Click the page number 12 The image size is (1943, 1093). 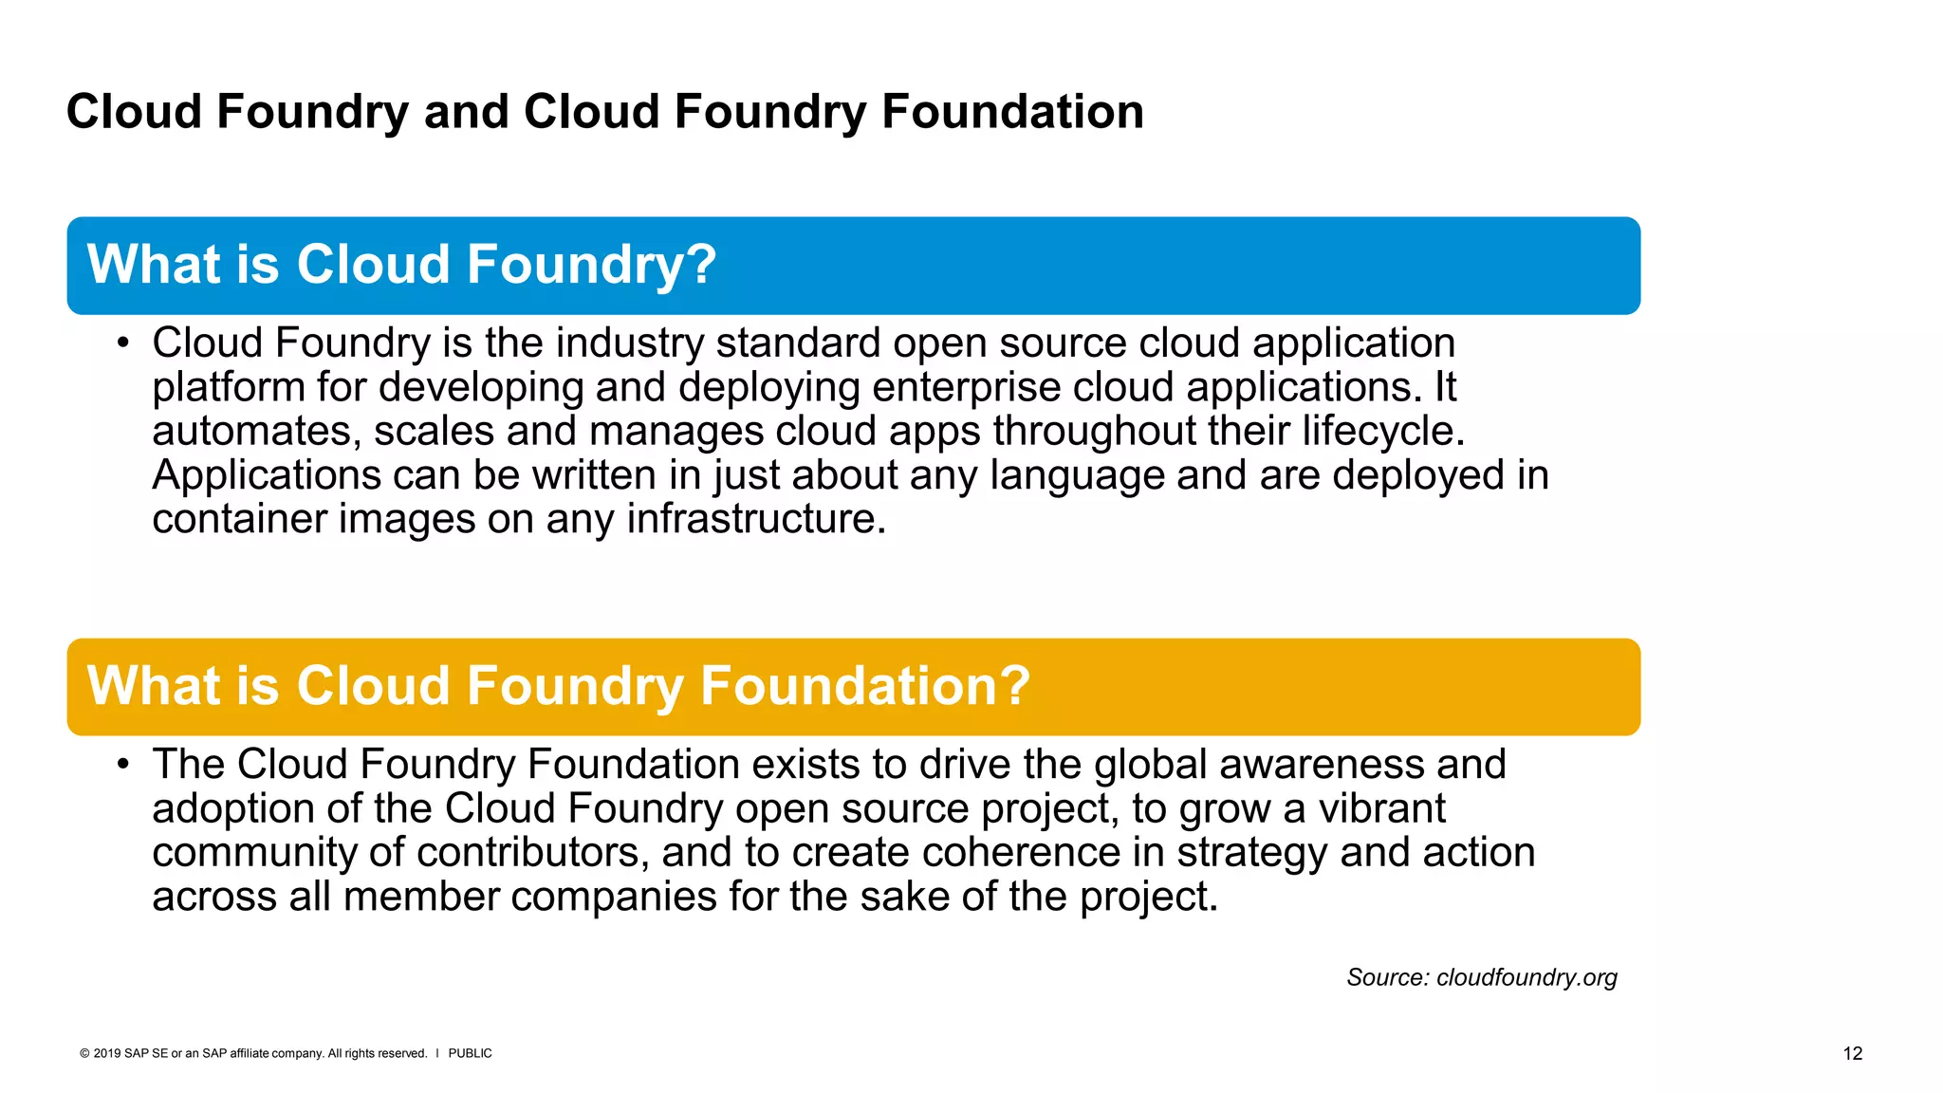pos(1852,1053)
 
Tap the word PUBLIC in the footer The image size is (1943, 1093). pos(470,1053)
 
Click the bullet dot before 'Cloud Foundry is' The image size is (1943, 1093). pos(122,343)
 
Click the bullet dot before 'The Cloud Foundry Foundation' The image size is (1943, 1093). pos(122,765)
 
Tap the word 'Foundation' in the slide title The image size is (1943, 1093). pos(1012,111)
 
